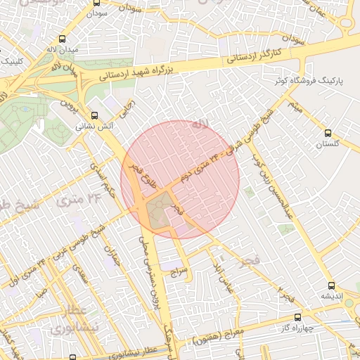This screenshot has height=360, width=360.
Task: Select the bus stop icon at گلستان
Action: click(x=328, y=132)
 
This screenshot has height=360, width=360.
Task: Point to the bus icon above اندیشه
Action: click(x=331, y=285)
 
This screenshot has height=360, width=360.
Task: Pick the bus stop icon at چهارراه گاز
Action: click(x=298, y=317)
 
